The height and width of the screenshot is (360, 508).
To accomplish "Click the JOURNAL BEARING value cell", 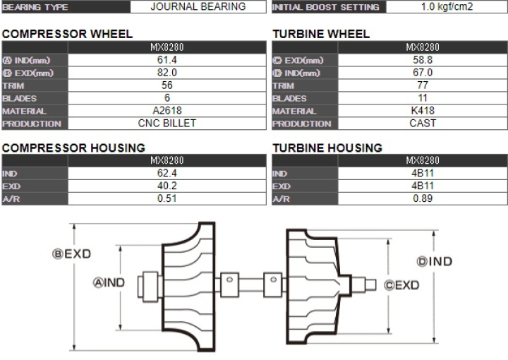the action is [x=198, y=6].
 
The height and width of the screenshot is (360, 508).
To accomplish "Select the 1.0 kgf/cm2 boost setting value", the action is [x=447, y=6].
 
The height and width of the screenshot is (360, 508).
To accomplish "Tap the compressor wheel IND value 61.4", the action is [x=167, y=60].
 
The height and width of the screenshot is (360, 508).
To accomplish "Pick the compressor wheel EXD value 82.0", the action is [x=167, y=73].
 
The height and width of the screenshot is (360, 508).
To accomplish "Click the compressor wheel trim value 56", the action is [x=167, y=85].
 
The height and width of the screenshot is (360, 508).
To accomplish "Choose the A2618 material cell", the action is [x=167, y=111].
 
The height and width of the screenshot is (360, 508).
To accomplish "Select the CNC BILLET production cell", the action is [x=167, y=123].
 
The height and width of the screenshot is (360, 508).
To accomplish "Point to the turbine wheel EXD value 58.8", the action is [x=423, y=60].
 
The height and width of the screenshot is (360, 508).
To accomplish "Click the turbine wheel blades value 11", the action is [x=423, y=98].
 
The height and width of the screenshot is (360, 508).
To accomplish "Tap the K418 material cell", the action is [x=423, y=111].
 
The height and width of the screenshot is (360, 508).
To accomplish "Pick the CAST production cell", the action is [x=423, y=123].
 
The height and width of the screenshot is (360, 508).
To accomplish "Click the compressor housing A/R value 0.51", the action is [x=167, y=198].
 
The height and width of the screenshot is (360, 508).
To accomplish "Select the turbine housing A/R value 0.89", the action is [x=423, y=198].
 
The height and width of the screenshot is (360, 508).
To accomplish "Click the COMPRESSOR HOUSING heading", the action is [x=73, y=148].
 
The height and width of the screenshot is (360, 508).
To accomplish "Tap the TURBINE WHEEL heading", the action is [x=321, y=34].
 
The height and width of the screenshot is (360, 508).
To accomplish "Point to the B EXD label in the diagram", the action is [x=71, y=253].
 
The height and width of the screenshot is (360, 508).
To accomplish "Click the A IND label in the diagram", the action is [x=109, y=282].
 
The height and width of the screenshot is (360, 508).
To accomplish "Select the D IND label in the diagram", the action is [x=435, y=261].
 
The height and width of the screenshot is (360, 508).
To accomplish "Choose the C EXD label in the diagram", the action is [x=401, y=285].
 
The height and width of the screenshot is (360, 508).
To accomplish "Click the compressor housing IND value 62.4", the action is [x=167, y=173].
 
